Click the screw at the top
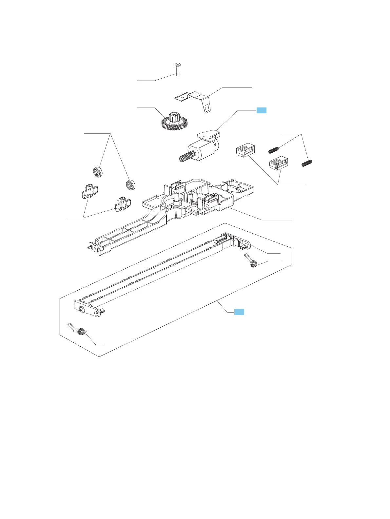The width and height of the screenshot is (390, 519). pyautogui.click(x=177, y=69)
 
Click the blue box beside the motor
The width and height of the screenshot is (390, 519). pyautogui.click(x=261, y=110)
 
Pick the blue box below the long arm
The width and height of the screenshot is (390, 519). pyautogui.click(x=239, y=312)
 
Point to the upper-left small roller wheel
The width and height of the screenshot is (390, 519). pyautogui.click(x=97, y=172)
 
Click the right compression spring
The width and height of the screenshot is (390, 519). pyautogui.click(x=307, y=162)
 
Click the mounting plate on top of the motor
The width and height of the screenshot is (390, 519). pyautogui.click(x=208, y=134)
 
